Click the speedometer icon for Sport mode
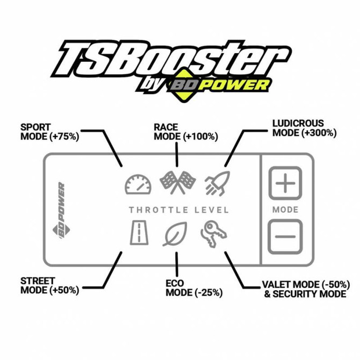138,184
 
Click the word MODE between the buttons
285,210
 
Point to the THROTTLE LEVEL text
178,210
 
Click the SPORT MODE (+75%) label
49,132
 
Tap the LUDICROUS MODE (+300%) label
304,128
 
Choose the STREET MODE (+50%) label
49,285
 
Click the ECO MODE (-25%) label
193,289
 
